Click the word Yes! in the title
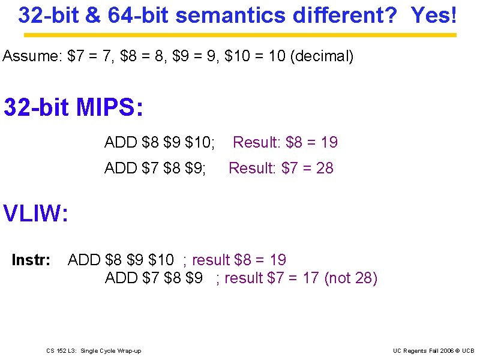tap(434, 16)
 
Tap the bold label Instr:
tap(31, 260)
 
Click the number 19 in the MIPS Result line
tap(329, 142)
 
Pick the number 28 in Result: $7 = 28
tap(325, 168)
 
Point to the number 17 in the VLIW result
tap(311, 278)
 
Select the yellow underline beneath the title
tap(240, 35)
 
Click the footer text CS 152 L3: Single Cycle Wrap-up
tap(94, 350)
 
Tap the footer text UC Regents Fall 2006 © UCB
tap(433, 350)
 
